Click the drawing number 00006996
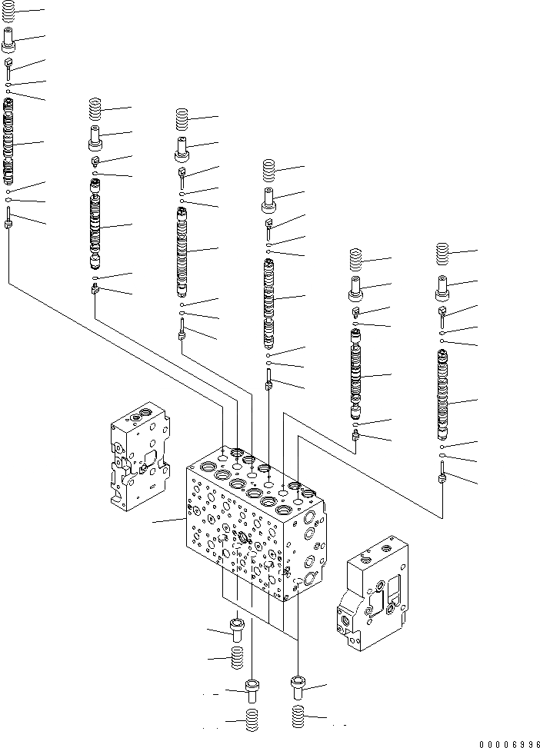498,743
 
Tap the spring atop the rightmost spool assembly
442,254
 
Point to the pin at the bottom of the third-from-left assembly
182,331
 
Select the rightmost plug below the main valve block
299,685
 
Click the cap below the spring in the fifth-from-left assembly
356,291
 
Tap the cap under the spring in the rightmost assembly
442,287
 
